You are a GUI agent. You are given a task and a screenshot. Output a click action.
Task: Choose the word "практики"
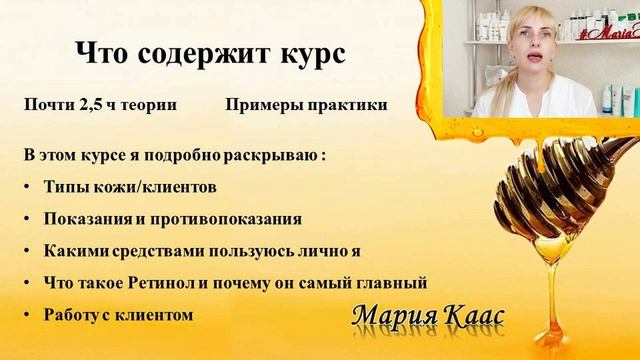pyautogui.click(x=345, y=105)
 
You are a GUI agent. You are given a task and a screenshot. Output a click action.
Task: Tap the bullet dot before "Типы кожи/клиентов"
pyautogui.click(x=26, y=187)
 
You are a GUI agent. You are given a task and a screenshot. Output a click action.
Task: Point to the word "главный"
pyautogui.click(x=395, y=282)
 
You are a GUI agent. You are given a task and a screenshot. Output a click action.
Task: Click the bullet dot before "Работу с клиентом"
pyautogui.click(x=26, y=314)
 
